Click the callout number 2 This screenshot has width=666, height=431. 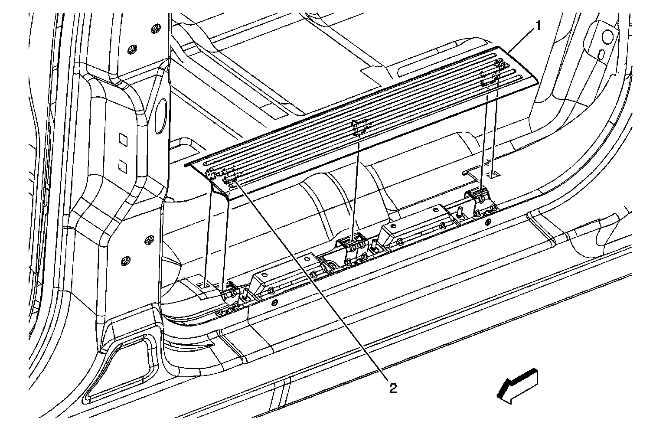(x=392, y=388)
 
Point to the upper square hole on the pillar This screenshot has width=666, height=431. (x=123, y=140)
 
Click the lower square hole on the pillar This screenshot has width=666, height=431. (x=123, y=164)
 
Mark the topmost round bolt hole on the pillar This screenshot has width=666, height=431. (x=153, y=29)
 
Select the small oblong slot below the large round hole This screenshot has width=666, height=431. (x=601, y=53)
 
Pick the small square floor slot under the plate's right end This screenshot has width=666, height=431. (x=493, y=174)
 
